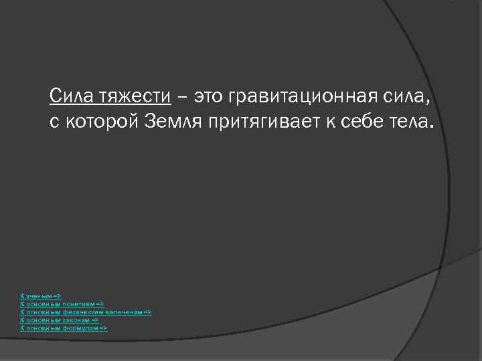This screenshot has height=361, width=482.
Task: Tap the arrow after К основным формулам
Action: [103, 328]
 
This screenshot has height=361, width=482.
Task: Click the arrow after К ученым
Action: [57, 295]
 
